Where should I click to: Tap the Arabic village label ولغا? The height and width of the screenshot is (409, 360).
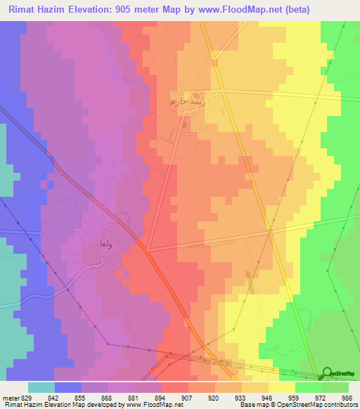point(97,245)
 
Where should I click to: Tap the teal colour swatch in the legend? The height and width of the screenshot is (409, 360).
point(41,387)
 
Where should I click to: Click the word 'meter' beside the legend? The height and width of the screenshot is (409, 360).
point(10,397)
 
